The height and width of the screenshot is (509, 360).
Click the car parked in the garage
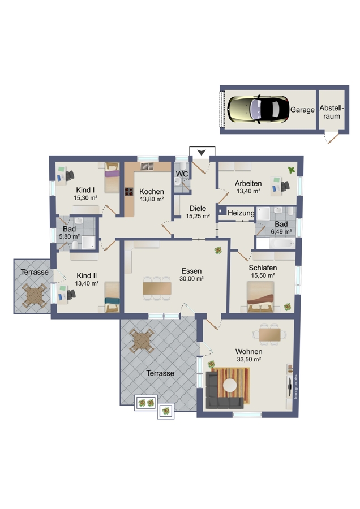point(258,109)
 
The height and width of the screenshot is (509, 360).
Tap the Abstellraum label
point(331,112)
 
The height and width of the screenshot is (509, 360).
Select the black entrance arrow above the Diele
point(202,152)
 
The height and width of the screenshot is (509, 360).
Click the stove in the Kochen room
point(129,192)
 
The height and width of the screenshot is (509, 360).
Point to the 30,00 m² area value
point(191,278)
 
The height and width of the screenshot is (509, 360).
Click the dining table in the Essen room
point(157,288)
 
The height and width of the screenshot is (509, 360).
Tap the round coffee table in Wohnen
point(230,385)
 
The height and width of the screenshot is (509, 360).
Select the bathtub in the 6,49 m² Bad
point(282,243)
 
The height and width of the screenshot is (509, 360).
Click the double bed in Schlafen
point(260,297)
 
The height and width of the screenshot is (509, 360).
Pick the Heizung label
point(241,213)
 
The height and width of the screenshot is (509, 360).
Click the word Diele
point(198,208)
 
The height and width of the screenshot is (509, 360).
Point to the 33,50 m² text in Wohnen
point(249,359)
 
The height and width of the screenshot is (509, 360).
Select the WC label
point(182,174)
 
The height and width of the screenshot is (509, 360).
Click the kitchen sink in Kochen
point(147,166)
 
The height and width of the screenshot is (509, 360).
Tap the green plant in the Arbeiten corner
point(292,170)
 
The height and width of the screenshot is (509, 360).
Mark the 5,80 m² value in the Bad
point(70,236)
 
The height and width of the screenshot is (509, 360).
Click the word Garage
point(302,110)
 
